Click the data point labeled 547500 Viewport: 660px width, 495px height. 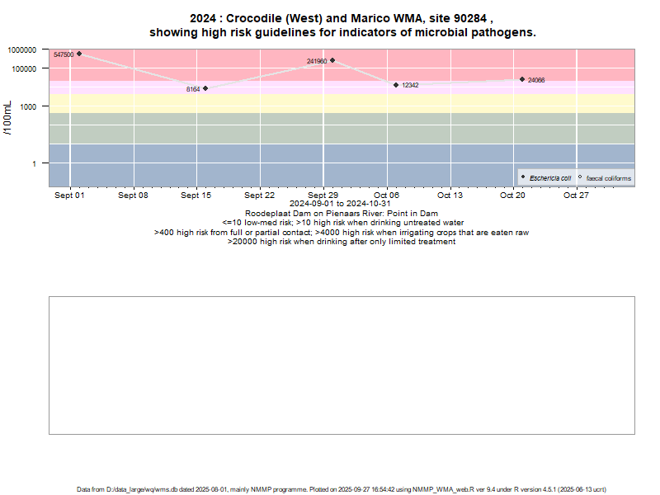click(x=79, y=54)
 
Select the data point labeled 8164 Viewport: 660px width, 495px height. click(x=205, y=88)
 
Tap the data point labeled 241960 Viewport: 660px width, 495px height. click(x=332, y=60)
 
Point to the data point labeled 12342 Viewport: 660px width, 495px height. click(x=396, y=85)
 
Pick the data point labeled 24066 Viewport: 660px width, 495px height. click(x=522, y=79)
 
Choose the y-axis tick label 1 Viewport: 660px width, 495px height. click(x=34, y=163)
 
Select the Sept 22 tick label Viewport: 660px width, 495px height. click(x=259, y=196)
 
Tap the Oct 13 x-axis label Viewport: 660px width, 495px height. click(x=451, y=196)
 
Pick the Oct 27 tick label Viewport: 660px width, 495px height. click(x=576, y=196)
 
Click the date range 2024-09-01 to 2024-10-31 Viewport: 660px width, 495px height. click(x=341, y=204)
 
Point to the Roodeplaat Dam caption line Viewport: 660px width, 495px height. click(x=341, y=213)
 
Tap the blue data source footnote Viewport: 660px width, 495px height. click(x=342, y=489)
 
